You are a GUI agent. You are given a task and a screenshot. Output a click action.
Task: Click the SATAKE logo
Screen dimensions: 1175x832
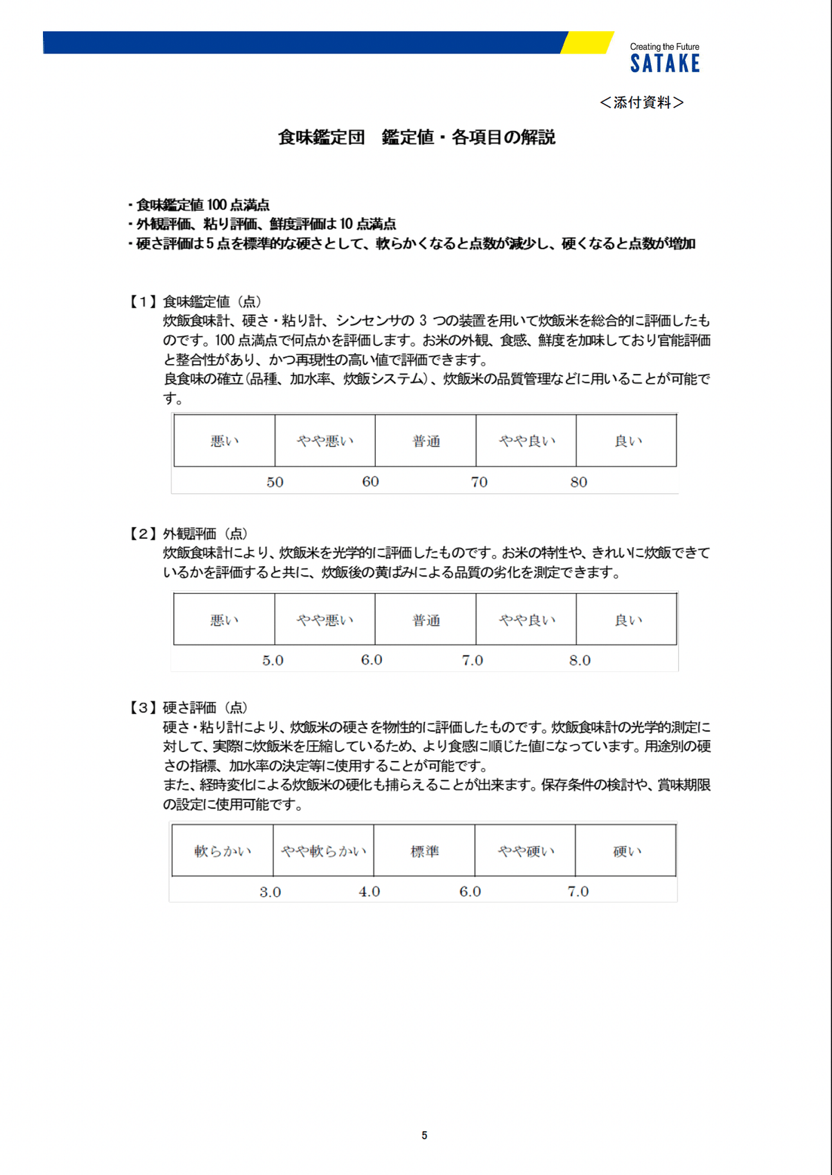665,64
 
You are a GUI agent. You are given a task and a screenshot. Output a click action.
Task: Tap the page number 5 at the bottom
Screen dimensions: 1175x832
424,1135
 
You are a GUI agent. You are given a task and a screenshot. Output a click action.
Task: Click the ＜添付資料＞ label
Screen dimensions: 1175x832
641,103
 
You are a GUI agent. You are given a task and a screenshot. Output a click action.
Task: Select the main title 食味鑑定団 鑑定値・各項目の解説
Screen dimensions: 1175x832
417,137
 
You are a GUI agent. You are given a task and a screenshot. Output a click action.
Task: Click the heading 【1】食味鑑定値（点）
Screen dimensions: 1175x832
195,302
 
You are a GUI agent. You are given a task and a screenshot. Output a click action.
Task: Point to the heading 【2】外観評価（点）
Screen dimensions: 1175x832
188,533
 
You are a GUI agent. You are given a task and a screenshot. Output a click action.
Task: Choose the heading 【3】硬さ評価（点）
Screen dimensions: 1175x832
188,707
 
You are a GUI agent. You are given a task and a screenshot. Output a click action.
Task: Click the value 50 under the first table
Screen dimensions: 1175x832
275,482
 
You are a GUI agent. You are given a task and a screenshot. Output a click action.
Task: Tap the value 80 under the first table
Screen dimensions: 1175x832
578,482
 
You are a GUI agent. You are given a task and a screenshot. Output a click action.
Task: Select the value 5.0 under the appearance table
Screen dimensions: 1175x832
272,660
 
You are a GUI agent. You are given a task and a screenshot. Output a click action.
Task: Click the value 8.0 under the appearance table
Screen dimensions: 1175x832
580,660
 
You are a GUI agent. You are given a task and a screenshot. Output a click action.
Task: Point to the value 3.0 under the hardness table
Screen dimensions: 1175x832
270,892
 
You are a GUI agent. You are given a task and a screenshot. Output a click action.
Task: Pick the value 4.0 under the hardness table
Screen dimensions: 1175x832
369,891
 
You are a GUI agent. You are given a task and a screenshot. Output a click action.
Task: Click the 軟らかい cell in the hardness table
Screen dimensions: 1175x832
223,851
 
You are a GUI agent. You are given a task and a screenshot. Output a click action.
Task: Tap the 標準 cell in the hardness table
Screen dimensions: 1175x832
424,851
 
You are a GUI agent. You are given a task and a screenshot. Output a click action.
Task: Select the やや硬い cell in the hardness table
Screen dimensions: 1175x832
526,851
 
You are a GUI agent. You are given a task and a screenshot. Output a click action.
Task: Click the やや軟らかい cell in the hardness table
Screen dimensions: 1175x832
323,851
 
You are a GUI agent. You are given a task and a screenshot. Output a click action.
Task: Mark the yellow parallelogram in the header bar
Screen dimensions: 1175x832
587,42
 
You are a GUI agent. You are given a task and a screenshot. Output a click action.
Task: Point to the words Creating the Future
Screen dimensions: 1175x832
664,47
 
